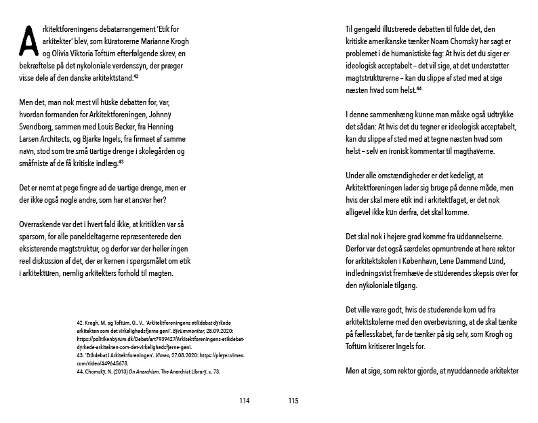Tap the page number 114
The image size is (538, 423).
point(245,401)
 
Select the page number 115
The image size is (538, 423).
point(293,401)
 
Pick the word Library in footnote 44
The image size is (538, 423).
point(203,371)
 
